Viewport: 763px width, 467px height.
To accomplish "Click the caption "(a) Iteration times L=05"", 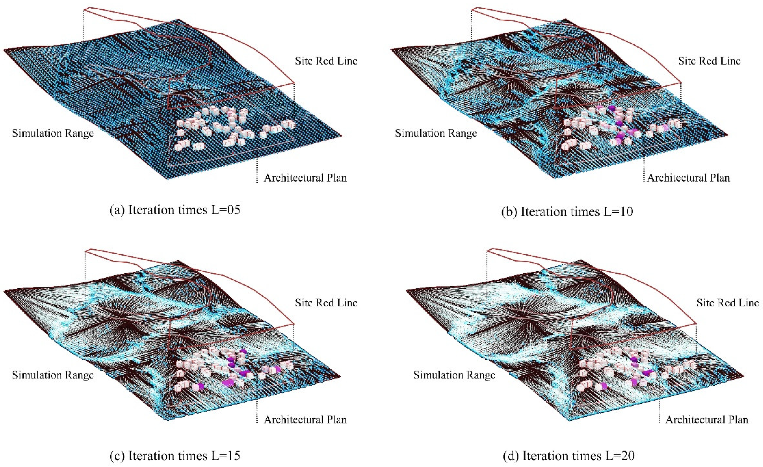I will (175, 210).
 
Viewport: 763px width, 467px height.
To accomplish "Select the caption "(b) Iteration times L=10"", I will (567, 212).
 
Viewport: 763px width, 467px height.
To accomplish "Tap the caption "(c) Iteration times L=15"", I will (175, 456).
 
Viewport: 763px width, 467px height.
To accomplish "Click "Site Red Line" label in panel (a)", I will (326, 61).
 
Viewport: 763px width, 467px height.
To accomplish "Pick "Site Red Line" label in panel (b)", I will (710, 61).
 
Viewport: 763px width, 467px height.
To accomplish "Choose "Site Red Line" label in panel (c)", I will (326, 303).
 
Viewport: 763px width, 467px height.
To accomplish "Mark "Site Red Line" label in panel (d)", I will (728, 303).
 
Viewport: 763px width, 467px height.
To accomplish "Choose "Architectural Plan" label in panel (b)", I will (689, 178).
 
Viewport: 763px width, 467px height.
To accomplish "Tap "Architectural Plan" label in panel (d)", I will (707, 420).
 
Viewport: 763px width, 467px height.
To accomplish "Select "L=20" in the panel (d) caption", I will (616, 456).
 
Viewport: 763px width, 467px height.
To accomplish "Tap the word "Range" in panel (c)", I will (79, 375).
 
